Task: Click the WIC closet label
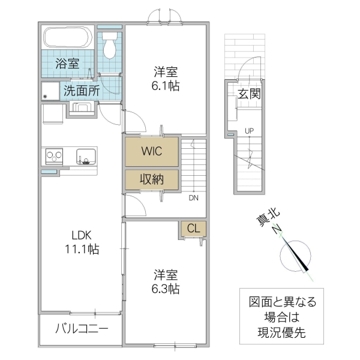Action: (151, 151)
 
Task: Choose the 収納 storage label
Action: (151, 179)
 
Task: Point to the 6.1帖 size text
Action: (166, 85)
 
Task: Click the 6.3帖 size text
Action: (166, 289)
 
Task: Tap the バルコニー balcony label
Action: (82, 329)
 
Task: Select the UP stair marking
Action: (248, 131)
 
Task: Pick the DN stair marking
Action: (194, 197)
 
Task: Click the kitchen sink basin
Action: (85, 157)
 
